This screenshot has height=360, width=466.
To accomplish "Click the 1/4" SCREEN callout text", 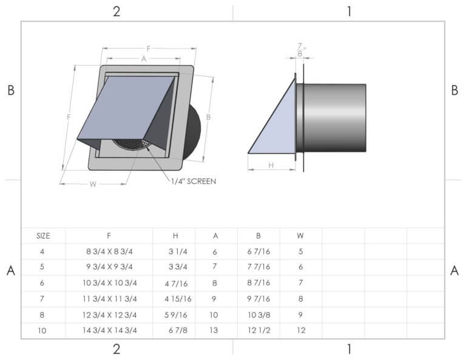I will (194, 181).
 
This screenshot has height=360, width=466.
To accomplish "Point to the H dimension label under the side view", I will (271, 165).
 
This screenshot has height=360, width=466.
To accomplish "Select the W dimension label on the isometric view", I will (93, 184).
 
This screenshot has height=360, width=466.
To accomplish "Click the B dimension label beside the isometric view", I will (208, 117).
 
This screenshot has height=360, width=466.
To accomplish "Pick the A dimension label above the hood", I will (143, 59).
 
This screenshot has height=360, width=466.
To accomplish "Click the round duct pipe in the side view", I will (334, 117).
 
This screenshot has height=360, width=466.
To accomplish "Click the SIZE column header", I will (43, 236).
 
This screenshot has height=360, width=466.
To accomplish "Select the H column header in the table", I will (174, 236).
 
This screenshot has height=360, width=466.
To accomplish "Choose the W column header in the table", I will (300, 236).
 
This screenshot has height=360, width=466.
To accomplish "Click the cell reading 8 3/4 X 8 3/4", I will (109, 251).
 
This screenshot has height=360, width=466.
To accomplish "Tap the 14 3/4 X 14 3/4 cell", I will (109, 330).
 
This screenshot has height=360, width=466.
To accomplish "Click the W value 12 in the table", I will (300, 330).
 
